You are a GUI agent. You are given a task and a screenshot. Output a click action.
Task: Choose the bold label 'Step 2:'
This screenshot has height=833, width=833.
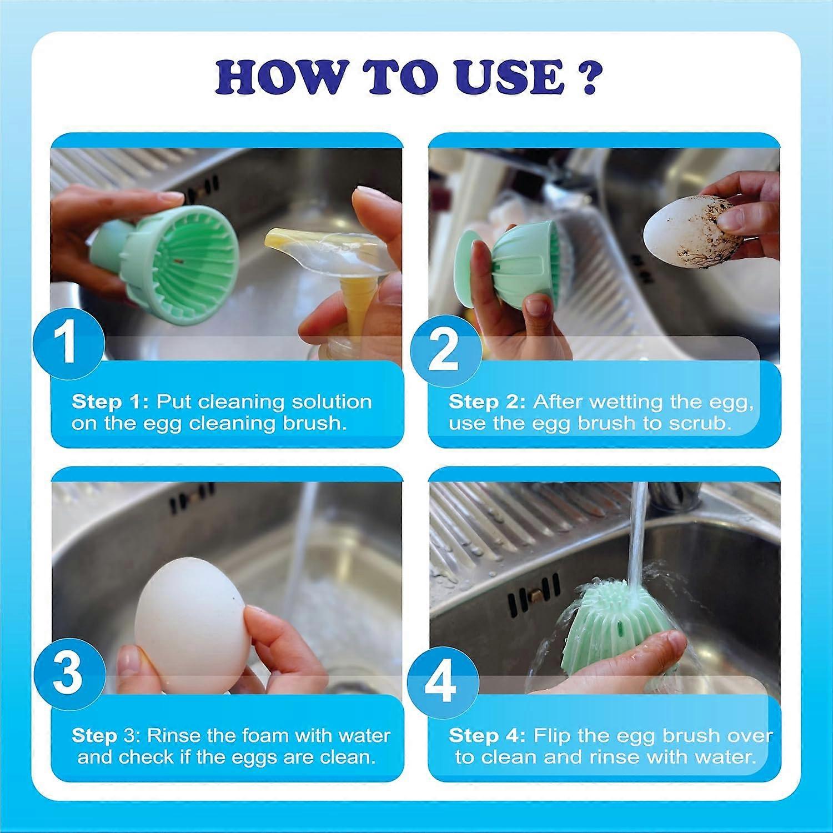point(486,402)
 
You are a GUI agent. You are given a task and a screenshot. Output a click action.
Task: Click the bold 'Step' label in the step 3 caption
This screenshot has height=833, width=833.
point(94,736)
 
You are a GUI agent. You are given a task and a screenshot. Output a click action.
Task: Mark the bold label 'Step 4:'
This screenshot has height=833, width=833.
point(486,736)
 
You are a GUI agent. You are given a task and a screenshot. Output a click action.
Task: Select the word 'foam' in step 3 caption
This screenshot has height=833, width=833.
point(259,736)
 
